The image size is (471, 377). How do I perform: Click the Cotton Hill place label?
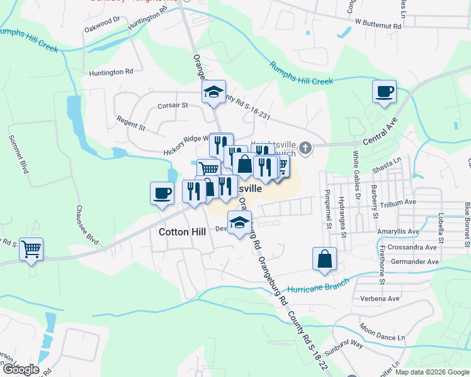point(182,232)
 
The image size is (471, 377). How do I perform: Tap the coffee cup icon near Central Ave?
point(384,93)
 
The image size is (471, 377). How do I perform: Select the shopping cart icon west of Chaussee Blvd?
point(31,251)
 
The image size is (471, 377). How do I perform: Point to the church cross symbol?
point(305,148)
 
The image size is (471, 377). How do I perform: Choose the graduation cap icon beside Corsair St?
point(213,92)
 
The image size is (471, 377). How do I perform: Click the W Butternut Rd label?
point(378,22)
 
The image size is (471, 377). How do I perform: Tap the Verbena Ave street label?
point(380,298)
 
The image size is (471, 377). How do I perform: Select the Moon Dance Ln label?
point(382,333)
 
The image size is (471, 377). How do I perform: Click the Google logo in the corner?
point(21,369)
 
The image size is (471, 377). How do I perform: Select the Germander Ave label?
point(415,261)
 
